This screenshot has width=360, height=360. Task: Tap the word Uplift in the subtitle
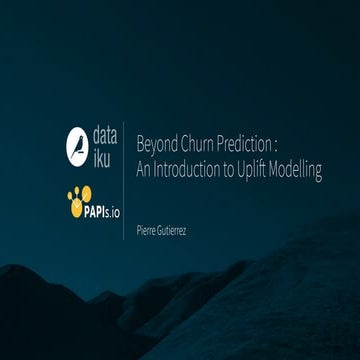[x=258, y=171]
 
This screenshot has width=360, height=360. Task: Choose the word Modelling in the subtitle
[x=299, y=171]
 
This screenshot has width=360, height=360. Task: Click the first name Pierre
[x=147, y=231]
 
